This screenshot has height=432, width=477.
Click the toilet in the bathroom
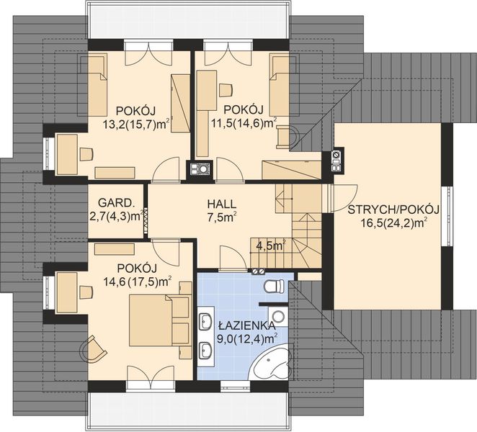(275, 287)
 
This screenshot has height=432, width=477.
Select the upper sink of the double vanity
(206, 321)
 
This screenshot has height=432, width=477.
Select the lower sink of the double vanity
(206, 350)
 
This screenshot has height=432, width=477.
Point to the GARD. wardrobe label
(115, 202)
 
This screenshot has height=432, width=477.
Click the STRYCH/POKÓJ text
(393, 210)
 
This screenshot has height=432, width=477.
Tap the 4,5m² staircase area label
(272, 246)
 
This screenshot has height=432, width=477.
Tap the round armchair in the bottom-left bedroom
(93, 349)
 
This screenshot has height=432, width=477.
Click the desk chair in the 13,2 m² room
(86, 154)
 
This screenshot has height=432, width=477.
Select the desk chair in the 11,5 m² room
(226, 90)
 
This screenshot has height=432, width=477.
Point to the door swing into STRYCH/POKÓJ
(345, 197)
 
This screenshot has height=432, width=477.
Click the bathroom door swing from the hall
(233, 258)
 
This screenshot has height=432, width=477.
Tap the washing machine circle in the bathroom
(278, 317)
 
